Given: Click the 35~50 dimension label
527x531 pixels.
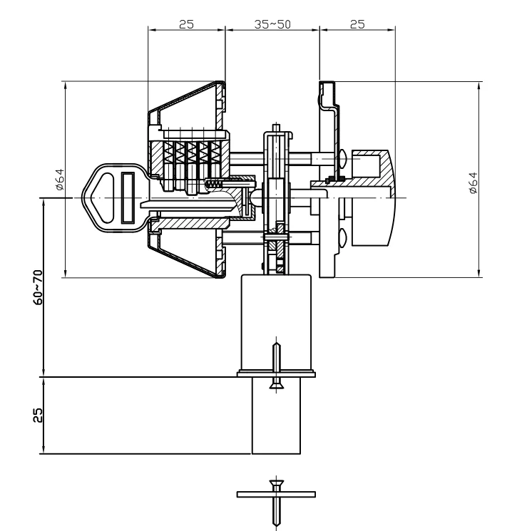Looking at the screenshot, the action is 272,24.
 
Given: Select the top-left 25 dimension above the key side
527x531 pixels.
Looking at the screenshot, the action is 186,24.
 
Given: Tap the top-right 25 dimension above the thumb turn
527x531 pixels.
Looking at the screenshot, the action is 357,24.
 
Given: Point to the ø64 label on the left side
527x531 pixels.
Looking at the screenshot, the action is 60,180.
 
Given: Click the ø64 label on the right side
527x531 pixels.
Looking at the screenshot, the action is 474,183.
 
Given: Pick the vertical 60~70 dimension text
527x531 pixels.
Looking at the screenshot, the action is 39,287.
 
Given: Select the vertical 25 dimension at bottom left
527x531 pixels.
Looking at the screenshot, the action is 39,415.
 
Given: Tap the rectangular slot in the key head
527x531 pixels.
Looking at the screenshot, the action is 128,197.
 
